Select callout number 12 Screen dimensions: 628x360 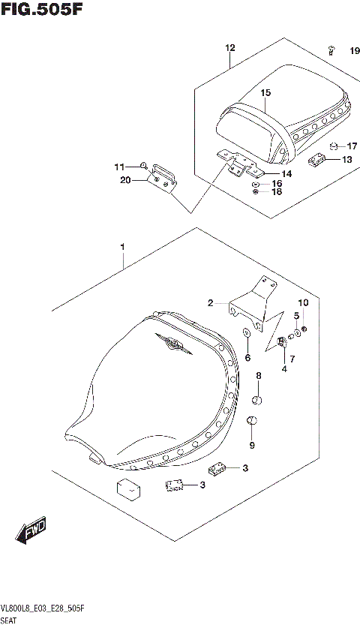tap(229, 48)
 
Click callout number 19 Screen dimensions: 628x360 tap(354, 50)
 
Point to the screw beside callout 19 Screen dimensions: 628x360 tap(331, 50)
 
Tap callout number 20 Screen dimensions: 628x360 tap(124, 180)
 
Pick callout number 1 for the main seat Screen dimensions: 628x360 tap(121, 247)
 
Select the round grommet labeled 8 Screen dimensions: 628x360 tap(256, 399)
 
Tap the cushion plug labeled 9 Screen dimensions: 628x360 tap(252, 422)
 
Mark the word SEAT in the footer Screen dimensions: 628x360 tap(10, 621)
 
